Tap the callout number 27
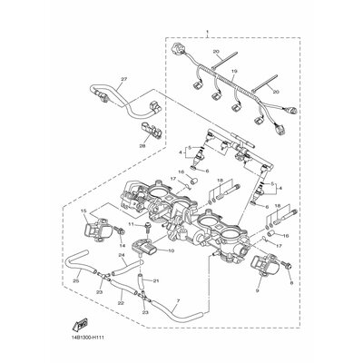(123, 79)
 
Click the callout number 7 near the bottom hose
(179, 299)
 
